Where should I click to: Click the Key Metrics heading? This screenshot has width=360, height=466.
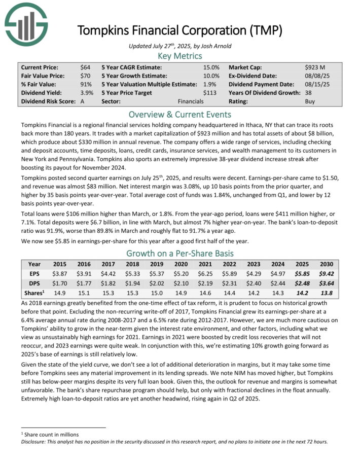[x=179, y=56]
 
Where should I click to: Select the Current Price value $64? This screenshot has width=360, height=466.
[x=85, y=67]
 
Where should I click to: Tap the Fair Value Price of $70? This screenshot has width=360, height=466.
[x=85, y=76]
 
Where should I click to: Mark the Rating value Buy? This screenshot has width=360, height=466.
[x=310, y=101]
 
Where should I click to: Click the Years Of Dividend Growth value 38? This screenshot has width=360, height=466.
[x=309, y=93]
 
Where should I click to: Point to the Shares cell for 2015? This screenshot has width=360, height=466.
[x=60, y=294]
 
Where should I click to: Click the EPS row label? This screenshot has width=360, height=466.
[x=34, y=274]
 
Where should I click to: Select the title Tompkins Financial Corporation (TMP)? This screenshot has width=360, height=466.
[x=179, y=30]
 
